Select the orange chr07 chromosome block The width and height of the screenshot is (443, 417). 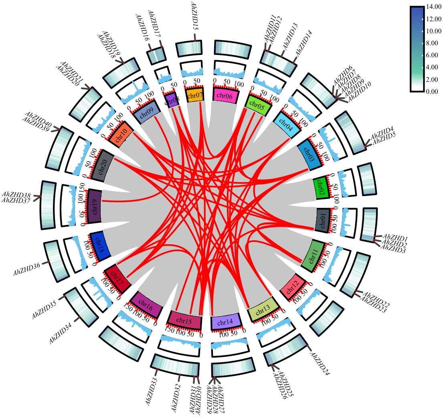click(x=196, y=95)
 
